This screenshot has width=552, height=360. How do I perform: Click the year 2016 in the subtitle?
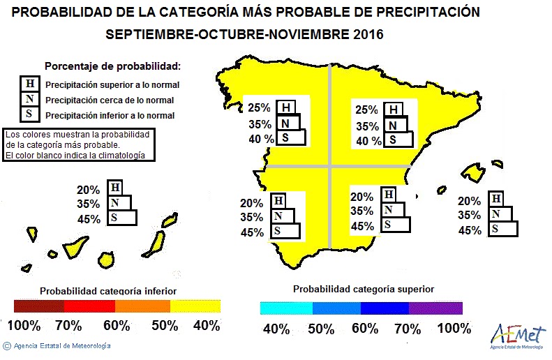pos(364,34)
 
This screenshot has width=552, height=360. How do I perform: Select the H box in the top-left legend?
pos(29,84)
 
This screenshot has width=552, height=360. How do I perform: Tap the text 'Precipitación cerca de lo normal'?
pos(110,100)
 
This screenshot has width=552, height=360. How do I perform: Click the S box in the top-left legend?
pos(29,115)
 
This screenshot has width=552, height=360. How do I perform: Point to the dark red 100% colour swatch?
pos(38,306)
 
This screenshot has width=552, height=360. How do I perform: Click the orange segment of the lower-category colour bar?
pos(142,306)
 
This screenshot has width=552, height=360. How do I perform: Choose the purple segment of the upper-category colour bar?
pos(436,307)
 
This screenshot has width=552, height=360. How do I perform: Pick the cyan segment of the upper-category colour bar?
pos(286,307)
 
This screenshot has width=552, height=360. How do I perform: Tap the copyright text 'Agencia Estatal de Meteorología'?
pos(61,345)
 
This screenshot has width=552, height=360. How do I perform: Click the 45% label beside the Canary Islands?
pos(89,220)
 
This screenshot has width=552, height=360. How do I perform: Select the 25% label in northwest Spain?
pos(258,109)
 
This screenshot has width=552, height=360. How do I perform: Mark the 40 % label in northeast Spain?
pos(369,141)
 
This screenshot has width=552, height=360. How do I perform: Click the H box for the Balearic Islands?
pos(495,199)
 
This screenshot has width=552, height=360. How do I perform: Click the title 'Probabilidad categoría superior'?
pos(363,289)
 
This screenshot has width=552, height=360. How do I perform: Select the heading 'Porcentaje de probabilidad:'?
pos(112,66)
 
